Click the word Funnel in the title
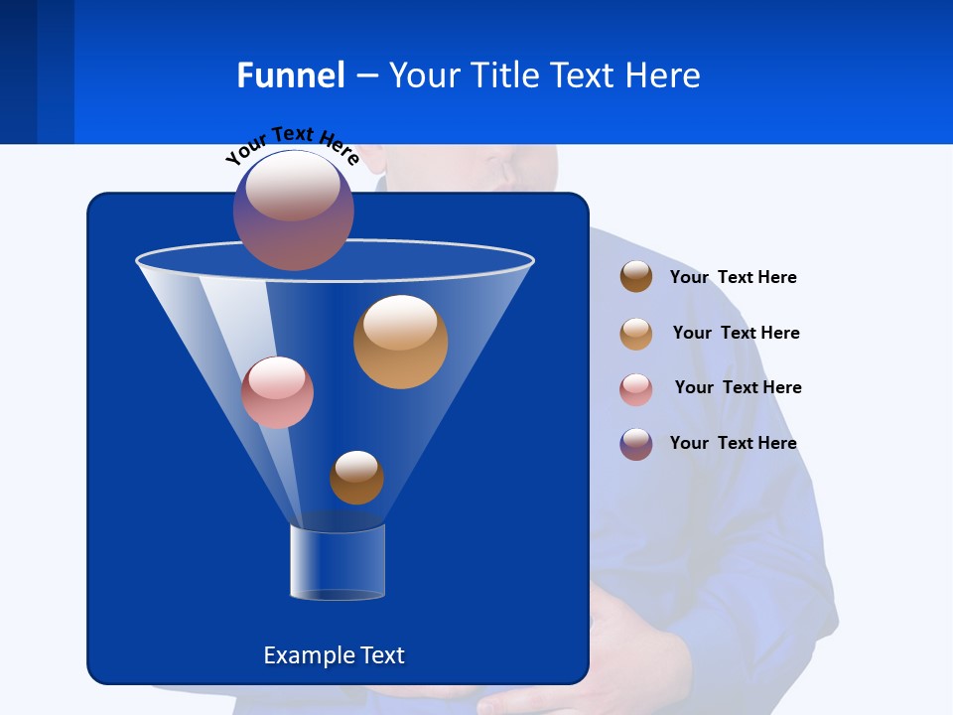coord(291,75)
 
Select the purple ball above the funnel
coord(293,211)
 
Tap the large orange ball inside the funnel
coord(400,342)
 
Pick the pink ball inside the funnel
coord(277,392)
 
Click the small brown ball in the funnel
coord(356,477)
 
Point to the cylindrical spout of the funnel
coord(338,562)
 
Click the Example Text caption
coord(334,655)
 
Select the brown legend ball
coord(636,276)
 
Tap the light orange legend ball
coord(636,334)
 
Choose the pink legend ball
coord(636,389)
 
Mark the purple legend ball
coord(636,444)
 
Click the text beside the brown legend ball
coord(733,277)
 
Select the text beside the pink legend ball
coord(738,387)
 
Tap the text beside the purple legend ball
coord(733,443)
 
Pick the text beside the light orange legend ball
coord(736,333)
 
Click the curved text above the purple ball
coord(292,145)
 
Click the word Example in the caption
coord(306,655)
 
